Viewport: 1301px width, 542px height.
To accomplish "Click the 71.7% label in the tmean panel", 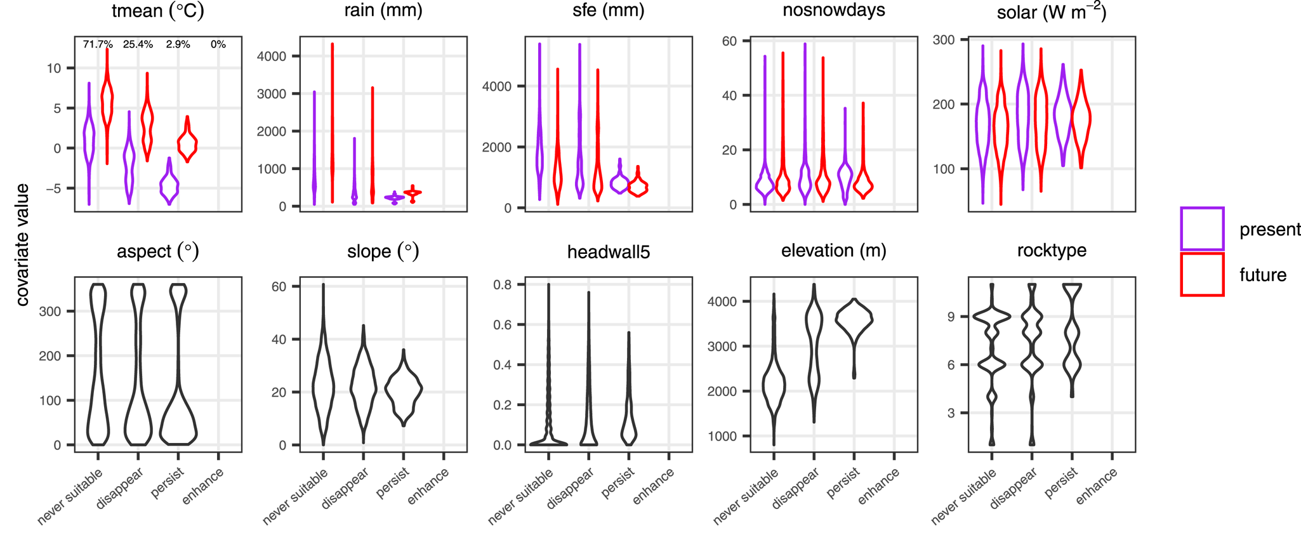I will (98, 44).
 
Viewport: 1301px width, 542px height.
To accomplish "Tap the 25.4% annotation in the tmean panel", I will (138, 44).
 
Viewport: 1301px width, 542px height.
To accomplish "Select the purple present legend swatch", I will (1202, 228).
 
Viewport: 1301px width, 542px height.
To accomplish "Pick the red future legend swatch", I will (1202, 274).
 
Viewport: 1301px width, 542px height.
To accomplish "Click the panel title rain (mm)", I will (383, 11).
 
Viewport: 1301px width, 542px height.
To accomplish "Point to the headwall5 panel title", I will (609, 252).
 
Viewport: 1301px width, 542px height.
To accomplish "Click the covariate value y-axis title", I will (23, 244).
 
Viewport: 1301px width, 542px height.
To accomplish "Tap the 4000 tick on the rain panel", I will (271, 56).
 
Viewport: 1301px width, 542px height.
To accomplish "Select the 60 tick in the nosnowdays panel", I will (729, 41).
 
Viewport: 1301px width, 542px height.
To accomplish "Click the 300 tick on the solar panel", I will (944, 40).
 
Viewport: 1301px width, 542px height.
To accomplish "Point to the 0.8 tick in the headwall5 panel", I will (503, 285).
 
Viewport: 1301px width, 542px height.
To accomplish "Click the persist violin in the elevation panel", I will (854, 321).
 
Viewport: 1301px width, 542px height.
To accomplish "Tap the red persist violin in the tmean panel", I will (187, 143).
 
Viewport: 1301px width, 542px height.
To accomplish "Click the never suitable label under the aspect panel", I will (70, 498).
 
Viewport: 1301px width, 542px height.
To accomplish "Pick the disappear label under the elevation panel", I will (796, 489).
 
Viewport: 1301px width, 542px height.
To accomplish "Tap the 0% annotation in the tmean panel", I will (218, 44).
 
